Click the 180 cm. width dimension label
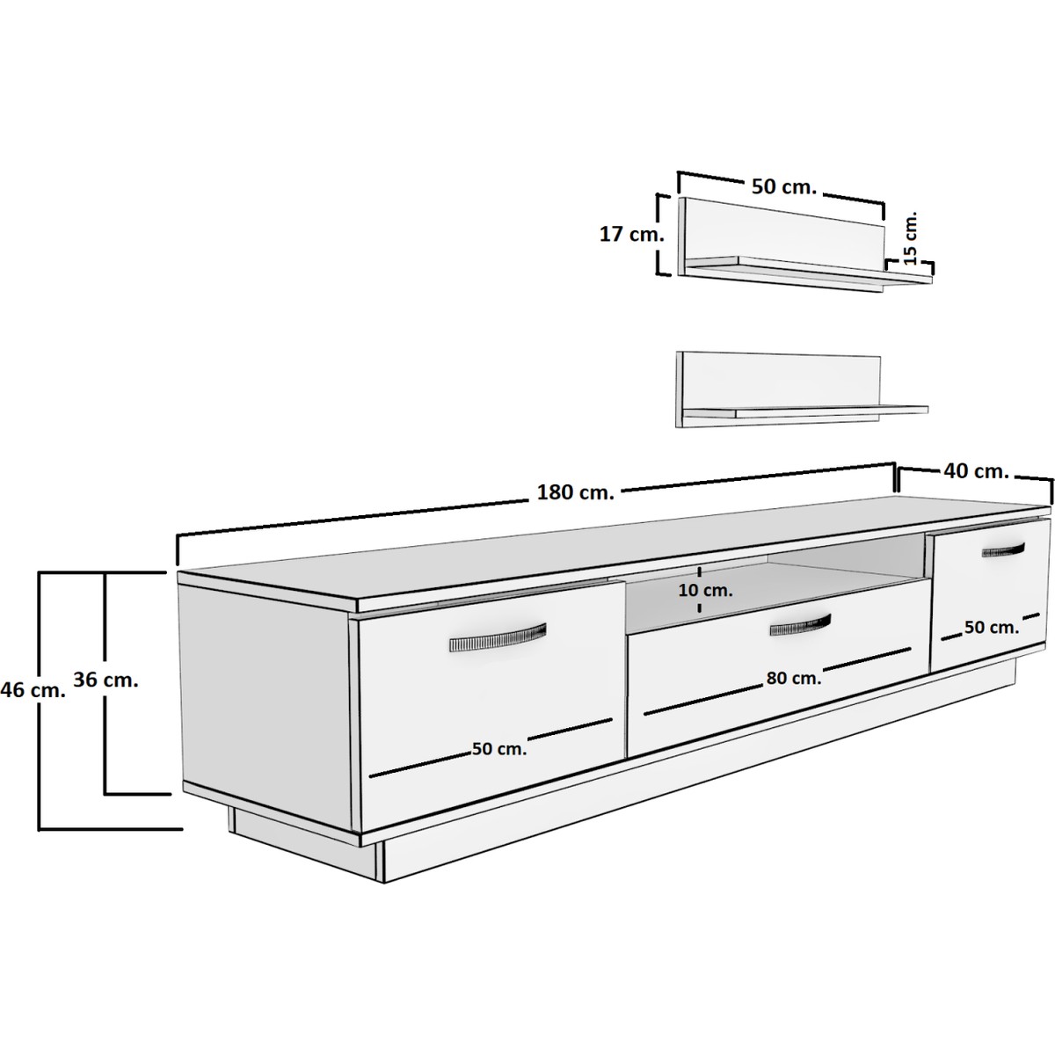[x=575, y=492]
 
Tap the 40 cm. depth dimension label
[x=976, y=471]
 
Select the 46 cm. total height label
[x=33, y=690]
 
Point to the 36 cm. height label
[x=105, y=680]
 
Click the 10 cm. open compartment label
[x=706, y=591]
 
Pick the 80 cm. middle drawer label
[x=794, y=679]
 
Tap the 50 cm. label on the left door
[x=499, y=749]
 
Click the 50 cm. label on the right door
[x=992, y=628]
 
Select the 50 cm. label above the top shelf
[x=784, y=186]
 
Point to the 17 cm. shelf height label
[x=632, y=235]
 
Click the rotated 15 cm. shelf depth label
[x=909, y=238]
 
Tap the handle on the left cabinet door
[x=498, y=637]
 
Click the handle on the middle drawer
[x=800, y=625]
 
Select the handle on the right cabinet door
[x=1003, y=549]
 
